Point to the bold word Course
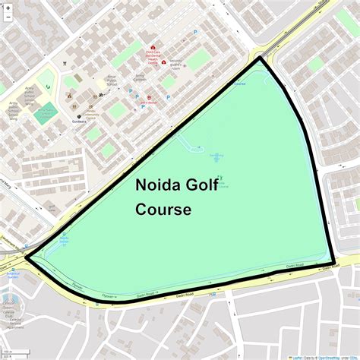coord(163,209)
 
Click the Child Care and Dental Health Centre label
coord(155,55)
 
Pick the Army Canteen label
coord(140,77)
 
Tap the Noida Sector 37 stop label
coord(64,241)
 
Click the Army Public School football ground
coord(46,113)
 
